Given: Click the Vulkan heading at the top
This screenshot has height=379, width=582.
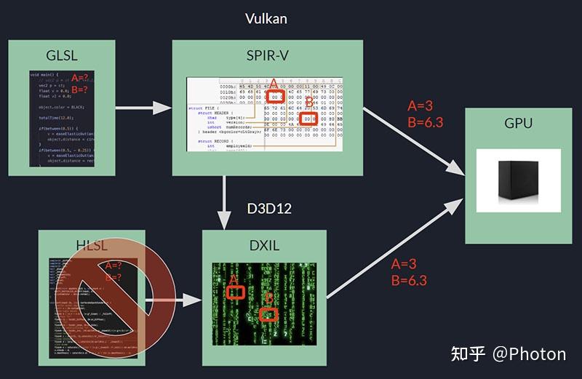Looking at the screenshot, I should [x=266, y=18].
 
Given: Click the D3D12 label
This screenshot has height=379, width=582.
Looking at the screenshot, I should [x=269, y=209].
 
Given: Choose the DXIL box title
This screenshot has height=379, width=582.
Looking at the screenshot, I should [x=264, y=245].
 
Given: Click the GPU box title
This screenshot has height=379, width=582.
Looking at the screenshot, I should [x=518, y=123].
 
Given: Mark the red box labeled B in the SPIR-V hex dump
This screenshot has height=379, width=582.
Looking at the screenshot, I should [x=308, y=119].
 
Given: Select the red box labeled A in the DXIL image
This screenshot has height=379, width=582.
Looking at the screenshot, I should [x=235, y=292].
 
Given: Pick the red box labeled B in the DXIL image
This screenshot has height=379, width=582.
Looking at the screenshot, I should [x=269, y=314].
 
